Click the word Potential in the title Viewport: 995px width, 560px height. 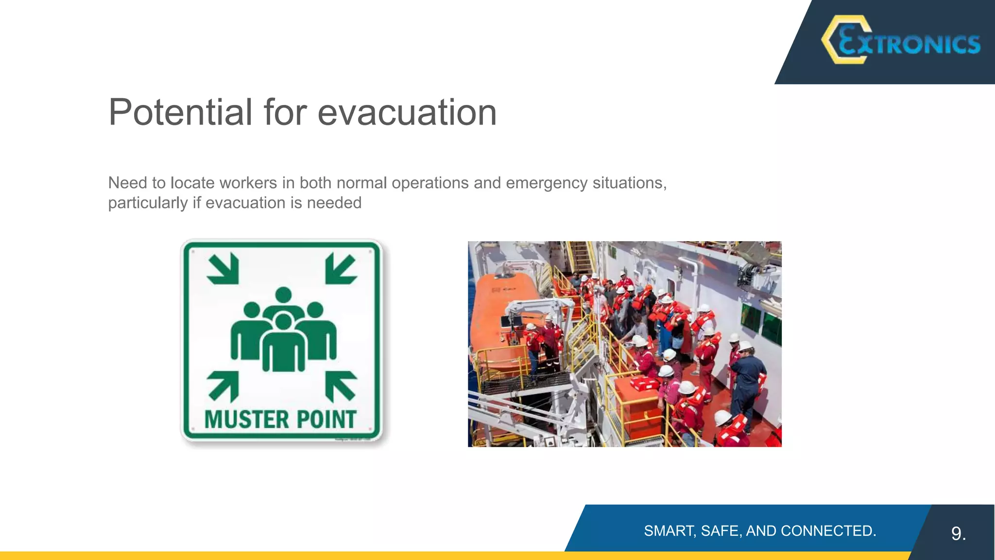pyautogui.click(x=180, y=112)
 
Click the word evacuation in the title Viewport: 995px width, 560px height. pyautogui.click(x=407, y=112)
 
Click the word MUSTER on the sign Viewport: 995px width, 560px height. pyautogui.click(x=246, y=420)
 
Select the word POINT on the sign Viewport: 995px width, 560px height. pyautogui.click(x=326, y=420)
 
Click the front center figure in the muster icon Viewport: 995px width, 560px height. pyautogui.click(x=284, y=345)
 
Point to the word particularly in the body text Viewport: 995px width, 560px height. pyautogui.click(x=148, y=203)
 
